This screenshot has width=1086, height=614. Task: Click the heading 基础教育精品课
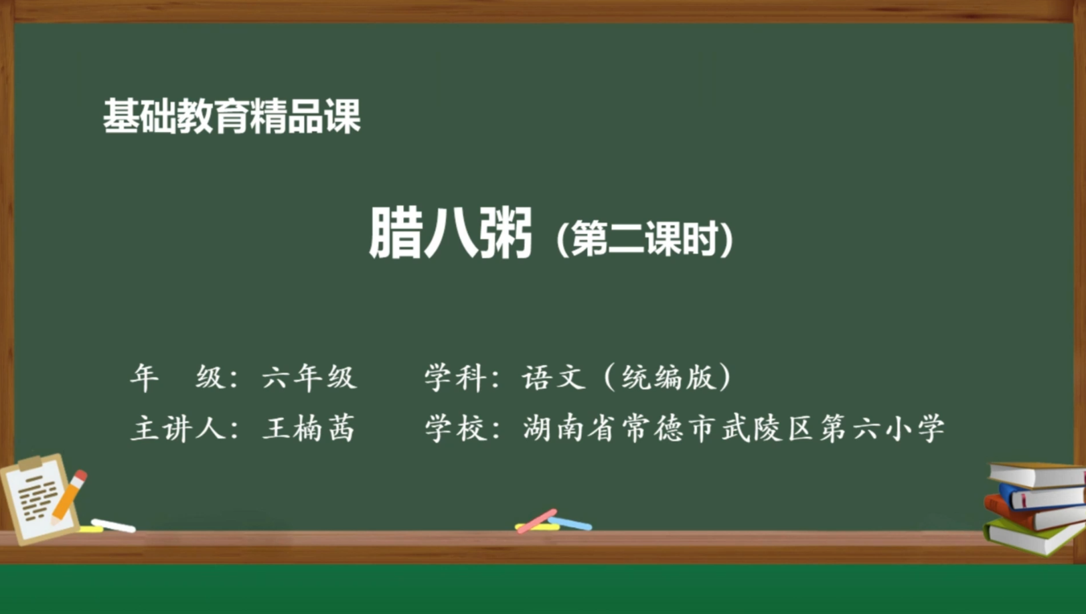pos(232,117)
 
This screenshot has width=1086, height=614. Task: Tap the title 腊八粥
pos(450,233)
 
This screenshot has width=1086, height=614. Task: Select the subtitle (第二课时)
pos(645,239)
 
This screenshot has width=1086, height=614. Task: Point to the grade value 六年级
pos(309,378)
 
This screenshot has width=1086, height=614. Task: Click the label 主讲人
pos(177,429)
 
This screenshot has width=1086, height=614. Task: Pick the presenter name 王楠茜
pos(309,429)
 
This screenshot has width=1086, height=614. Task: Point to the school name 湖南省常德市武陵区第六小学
pos(734,429)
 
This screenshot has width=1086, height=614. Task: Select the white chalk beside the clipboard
pos(113,526)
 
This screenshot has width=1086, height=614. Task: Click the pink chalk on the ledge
pos(537,520)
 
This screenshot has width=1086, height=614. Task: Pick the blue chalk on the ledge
pos(570,523)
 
